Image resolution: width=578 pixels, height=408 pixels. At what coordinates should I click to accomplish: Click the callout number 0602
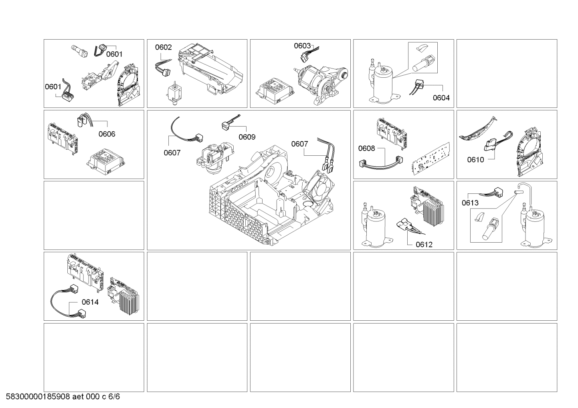[163, 47]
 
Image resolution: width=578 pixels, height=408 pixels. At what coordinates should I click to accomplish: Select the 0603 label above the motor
[302, 46]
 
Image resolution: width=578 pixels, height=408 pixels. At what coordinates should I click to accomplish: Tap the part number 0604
[441, 98]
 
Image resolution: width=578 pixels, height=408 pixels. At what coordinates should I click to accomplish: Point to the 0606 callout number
[107, 134]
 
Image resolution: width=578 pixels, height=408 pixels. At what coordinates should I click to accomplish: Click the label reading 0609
[247, 137]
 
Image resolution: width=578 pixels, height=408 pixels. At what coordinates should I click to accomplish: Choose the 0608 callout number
[367, 149]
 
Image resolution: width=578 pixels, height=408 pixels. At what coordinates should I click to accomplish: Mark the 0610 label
[475, 160]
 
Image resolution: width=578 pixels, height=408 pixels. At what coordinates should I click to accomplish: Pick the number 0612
[424, 245]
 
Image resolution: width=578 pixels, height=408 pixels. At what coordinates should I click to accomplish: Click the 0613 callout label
[470, 203]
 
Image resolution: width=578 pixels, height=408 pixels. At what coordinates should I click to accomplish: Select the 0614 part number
[90, 302]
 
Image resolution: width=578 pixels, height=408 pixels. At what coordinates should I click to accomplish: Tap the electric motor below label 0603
[321, 85]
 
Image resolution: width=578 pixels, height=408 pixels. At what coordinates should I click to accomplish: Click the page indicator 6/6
[114, 396]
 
